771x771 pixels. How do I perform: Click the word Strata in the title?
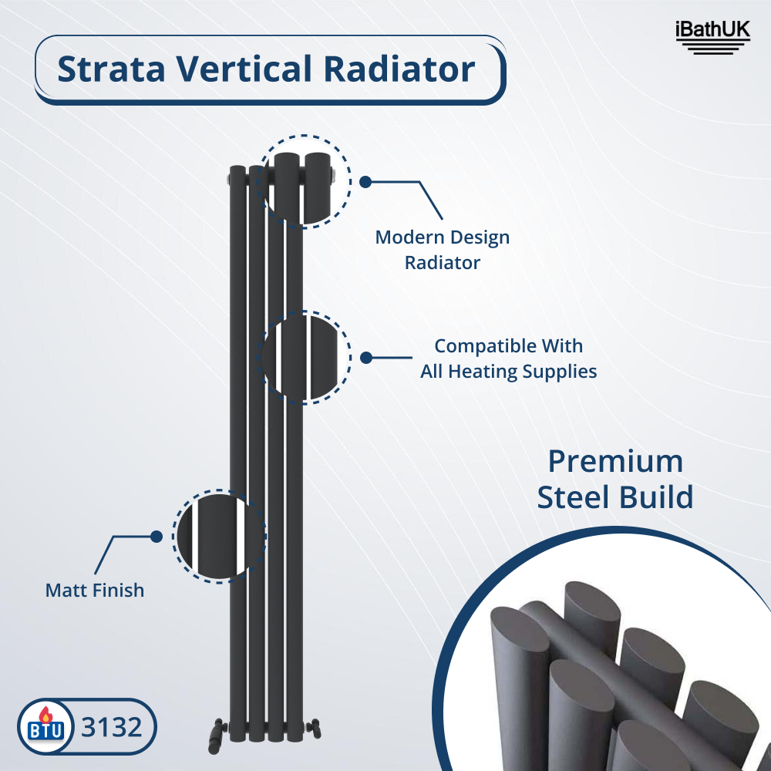110,69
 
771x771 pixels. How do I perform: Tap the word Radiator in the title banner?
399,69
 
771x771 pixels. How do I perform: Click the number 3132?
113,727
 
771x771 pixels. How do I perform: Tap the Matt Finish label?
95,591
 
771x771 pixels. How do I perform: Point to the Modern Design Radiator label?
443,250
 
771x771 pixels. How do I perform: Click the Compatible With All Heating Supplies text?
509,359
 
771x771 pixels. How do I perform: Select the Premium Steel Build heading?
615,480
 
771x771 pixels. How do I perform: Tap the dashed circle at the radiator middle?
306,358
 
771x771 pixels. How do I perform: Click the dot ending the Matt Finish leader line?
156,536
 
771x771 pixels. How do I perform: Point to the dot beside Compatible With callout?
366,358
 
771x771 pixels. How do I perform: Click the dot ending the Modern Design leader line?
366,182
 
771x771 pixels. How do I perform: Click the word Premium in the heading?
615,462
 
